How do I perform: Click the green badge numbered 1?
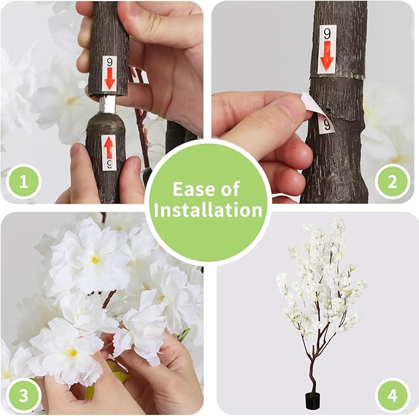click(x=23, y=181)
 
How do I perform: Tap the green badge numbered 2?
click(x=392, y=181)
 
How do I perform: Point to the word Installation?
click(x=209, y=210)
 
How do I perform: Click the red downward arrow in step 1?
click(x=109, y=78)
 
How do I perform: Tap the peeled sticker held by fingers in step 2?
click(x=318, y=114)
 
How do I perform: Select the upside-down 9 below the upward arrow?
click(x=109, y=165)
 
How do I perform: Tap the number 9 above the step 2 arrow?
click(x=327, y=34)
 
